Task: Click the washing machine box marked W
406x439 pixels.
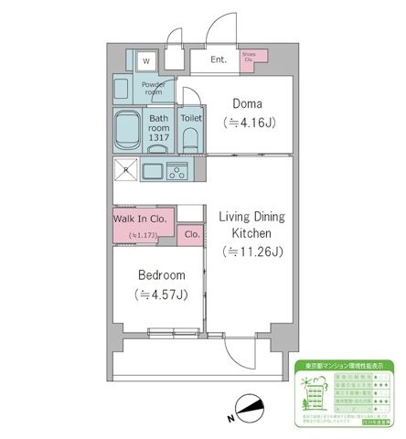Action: (144, 60)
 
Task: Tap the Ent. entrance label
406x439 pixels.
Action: (219, 60)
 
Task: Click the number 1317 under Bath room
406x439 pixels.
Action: (159, 137)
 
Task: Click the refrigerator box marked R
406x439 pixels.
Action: (125, 171)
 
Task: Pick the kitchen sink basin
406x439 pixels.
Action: (152, 171)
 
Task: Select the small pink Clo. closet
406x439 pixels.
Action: (192, 234)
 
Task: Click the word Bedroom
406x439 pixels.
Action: (162, 275)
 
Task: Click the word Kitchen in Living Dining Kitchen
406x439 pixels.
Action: (251, 234)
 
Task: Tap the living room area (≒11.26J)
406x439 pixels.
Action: (251, 252)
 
